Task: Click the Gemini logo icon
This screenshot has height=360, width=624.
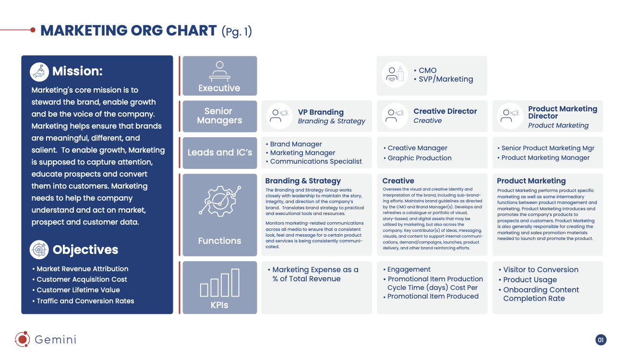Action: [x=23, y=339]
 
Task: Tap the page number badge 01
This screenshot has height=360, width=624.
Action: [x=601, y=340]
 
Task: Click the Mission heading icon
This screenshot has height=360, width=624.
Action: [x=39, y=72]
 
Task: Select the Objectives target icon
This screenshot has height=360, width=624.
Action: [x=39, y=250]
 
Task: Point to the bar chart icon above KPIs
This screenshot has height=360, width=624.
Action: [x=219, y=283]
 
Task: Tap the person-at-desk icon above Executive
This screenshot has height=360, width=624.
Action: [x=220, y=71]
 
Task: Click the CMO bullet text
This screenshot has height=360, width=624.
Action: [x=428, y=71]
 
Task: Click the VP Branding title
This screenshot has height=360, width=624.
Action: [x=321, y=112]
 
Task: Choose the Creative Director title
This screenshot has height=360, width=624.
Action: [x=445, y=111]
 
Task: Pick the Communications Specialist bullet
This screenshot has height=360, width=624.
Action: [x=316, y=161]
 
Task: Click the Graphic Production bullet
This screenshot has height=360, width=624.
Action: [x=420, y=158]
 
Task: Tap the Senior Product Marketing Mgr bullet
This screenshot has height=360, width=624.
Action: [x=548, y=148]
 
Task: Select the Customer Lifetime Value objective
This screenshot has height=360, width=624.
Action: [x=78, y=290]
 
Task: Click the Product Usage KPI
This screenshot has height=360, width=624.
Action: [x=530, y=280]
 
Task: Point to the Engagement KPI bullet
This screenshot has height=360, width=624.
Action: [x=408, y=269]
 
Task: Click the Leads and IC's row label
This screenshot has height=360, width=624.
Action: [x=220, y=153]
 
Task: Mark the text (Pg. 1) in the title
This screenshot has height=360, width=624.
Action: [x=237, y=31]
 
